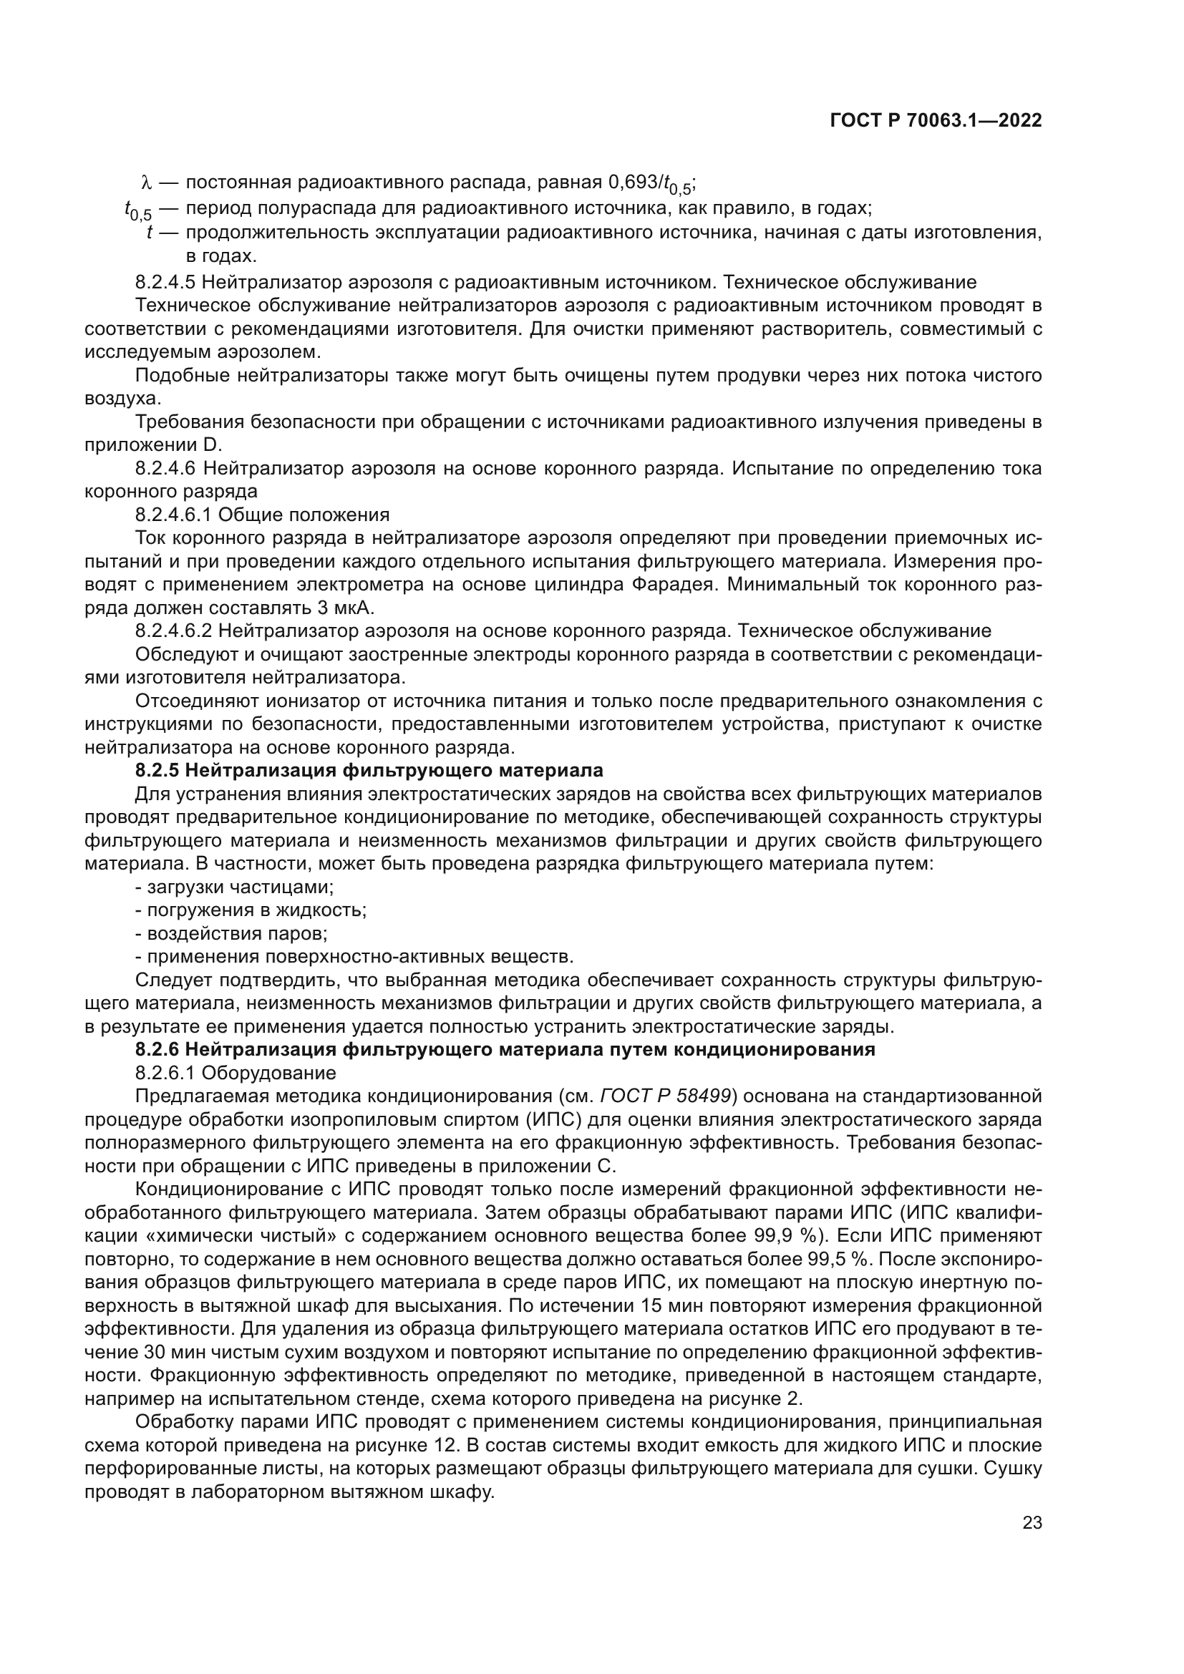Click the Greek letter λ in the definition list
pos(145,183)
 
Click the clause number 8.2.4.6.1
pos(173,515)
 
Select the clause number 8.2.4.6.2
pos(173,631)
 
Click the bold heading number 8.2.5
pos(157,771)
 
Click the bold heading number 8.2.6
pos(157,1051)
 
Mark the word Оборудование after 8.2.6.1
pos(269,1074)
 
